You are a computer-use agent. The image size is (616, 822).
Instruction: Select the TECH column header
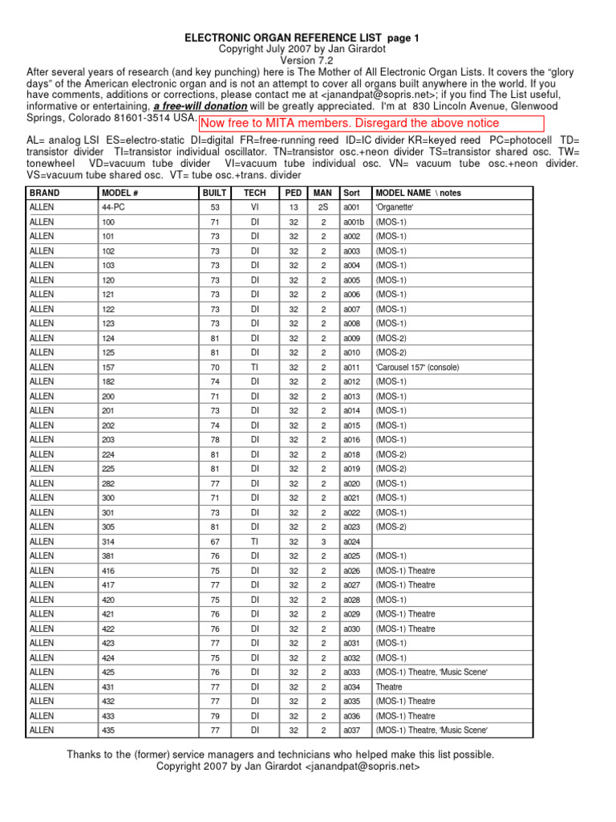(x=255, y=193)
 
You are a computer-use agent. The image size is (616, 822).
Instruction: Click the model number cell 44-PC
(x=112, y=207)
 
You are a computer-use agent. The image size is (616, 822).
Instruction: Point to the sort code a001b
(x=354, y=222)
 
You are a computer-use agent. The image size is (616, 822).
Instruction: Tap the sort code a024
(x=352, y=541)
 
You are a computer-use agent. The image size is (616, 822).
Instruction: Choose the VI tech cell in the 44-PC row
(x=255, y=207)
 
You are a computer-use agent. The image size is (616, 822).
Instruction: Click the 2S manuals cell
(x=322, y=207)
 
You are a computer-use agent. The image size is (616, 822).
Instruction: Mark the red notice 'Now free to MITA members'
(x=350, y=123)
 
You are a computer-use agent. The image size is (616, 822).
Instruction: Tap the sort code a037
(x=352, y=730)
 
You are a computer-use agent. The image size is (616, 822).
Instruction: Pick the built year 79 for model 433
(x=215, y=715)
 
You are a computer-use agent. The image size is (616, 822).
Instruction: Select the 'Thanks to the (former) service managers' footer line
(x=281, y=755)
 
